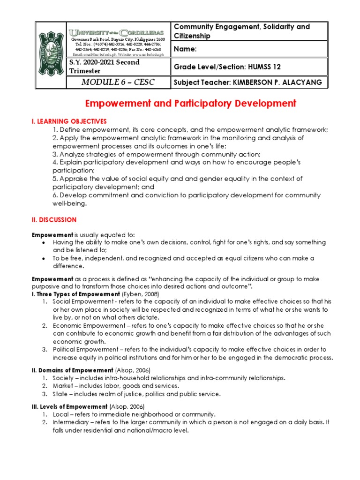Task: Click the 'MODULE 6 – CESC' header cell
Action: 118,82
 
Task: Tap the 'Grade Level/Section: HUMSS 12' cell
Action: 227,67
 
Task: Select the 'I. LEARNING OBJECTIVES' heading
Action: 69,121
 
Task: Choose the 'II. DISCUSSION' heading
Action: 54,219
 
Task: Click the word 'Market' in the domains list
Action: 63,386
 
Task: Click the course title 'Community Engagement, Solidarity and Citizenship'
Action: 241,31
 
